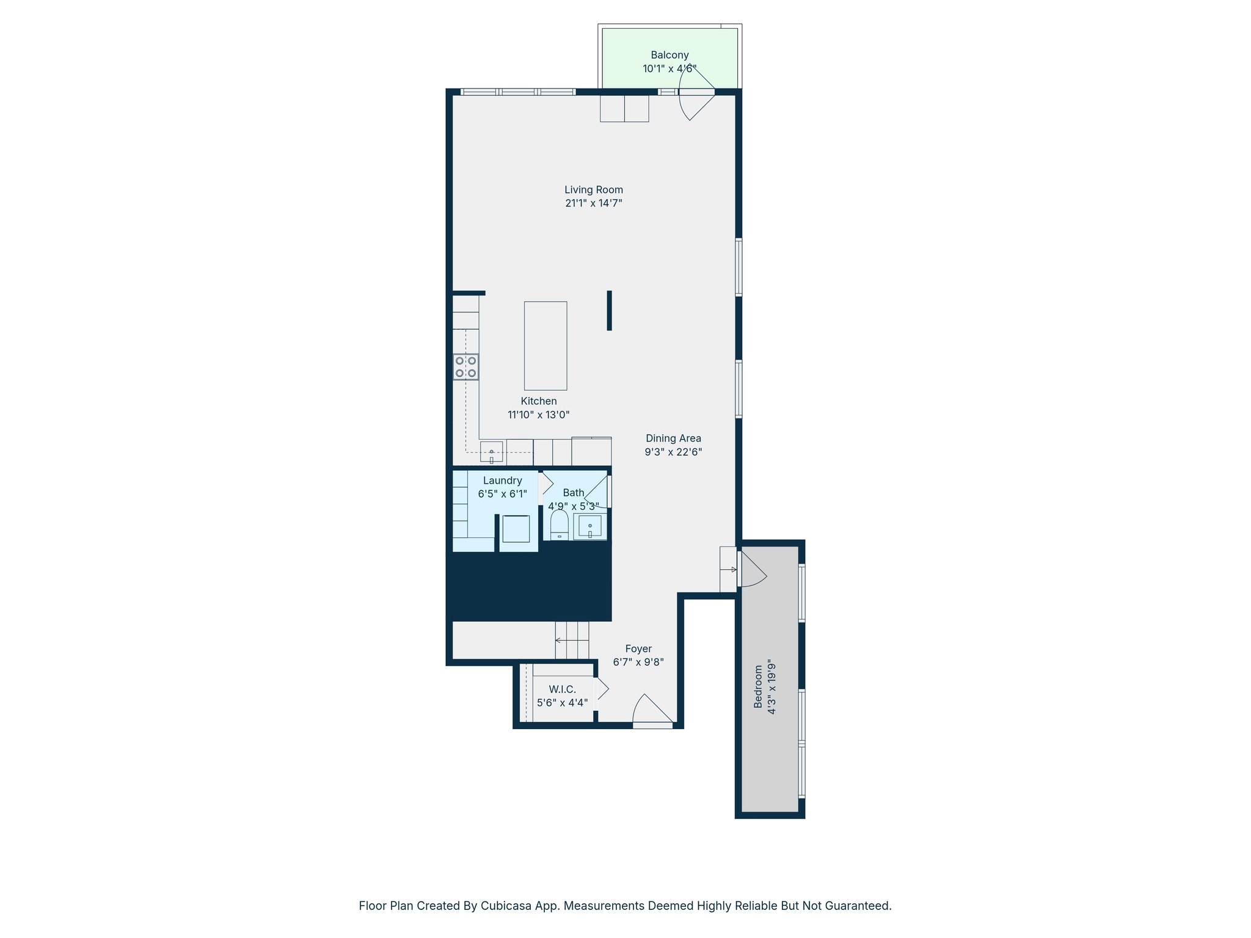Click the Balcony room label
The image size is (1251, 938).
[669, 55]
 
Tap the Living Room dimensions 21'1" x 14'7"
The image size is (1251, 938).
[593, 203]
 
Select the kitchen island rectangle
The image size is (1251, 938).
[545, 346]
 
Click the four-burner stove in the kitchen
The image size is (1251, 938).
[465, 367]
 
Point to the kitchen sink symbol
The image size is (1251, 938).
[491, 453]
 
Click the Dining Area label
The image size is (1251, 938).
[673, 438]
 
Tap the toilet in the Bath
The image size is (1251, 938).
[559, 526]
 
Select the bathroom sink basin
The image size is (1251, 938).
[590, 526]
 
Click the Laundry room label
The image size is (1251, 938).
[502, 481]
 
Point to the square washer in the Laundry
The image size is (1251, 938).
[516, 529]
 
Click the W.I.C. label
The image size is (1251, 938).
[562, 689]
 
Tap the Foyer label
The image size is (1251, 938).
[638, 649]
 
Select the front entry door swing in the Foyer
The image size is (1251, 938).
[652, 711]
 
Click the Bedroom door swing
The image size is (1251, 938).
[753, 571]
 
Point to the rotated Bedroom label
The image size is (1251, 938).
[758, 687]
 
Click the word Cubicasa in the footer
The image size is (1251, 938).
[502, 906]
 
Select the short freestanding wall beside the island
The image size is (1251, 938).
[609, 310]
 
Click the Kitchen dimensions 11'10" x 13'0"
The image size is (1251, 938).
[538, 415]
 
